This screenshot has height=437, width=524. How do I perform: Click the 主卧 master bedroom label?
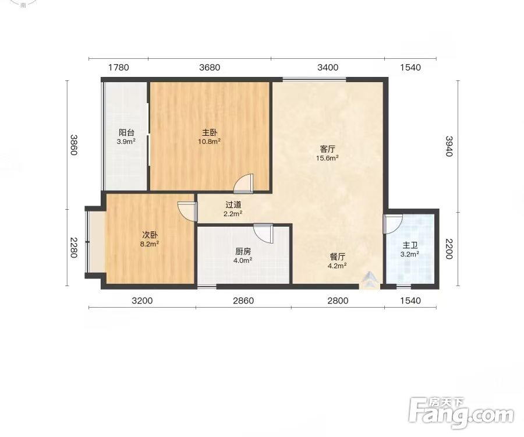pos(209,133)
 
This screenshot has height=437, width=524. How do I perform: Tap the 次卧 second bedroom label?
pos(150,235)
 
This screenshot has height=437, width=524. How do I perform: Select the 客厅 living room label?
pos(327,149)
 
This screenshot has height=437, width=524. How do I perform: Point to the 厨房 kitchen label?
pos(243,252)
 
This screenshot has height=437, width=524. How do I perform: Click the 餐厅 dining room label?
pos(338,257)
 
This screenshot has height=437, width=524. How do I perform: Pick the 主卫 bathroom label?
pos(410,245)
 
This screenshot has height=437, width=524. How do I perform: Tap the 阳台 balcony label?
pos(126,133)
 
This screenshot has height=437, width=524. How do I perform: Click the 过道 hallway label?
pos(233,205)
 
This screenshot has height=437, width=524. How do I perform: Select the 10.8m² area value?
pos(209,142)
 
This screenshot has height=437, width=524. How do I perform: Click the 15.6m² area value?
pos(327,158)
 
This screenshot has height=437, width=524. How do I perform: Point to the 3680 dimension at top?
pos(210,68)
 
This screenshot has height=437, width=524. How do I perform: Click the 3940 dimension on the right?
pos(449,146)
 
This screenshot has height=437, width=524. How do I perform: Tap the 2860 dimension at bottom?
pos(243,301)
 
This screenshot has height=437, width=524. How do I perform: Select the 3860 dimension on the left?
pos(73,145)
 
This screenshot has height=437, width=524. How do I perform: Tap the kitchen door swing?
pos(263,234)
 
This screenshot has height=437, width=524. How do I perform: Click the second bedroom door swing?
pos(187,212)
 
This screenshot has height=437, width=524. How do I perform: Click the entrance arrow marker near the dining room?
pos(370,280)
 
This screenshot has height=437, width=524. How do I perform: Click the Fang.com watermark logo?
pos(461,414)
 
